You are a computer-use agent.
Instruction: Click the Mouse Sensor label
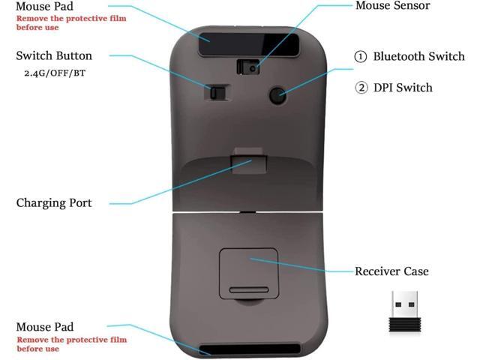click(392, 5)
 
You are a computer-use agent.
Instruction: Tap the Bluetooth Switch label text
click(418, 56)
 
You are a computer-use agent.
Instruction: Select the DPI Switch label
click(403, 88)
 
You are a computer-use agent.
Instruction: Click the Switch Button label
click(54, 55)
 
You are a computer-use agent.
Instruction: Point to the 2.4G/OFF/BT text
click(55, 73)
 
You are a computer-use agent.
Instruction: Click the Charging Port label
click(54, 203)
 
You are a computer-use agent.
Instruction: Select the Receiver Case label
click(391, 271)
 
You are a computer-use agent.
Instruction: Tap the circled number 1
click(360, 57)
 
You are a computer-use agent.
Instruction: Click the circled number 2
click(361, 88)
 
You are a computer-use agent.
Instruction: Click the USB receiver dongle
click(405, 312)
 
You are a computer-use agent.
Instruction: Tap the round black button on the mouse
click(278, 95)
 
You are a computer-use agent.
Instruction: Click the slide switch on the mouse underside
click(217, 92)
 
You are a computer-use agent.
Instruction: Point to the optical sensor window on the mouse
click(248, 67)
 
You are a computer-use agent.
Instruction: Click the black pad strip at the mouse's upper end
click(248, 45)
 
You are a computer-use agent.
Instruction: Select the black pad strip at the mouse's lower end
click(250, 349)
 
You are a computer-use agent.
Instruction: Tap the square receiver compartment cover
click(248, 274)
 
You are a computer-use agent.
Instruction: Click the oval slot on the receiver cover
click(249, 290)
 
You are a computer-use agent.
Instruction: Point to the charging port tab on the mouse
click(249, 161)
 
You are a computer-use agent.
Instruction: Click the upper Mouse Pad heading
click(45, 6)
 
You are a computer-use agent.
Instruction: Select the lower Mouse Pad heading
click(45, 327)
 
